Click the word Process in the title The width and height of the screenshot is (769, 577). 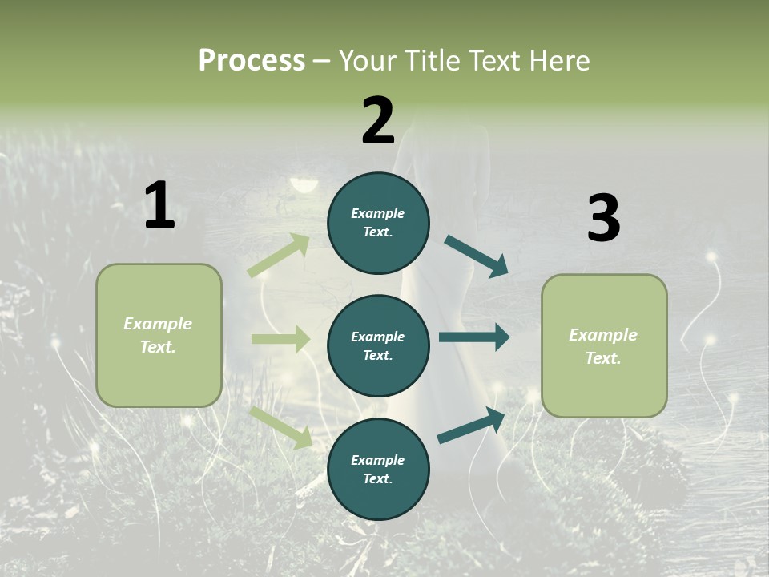pyautogui.click(x=252, y=61)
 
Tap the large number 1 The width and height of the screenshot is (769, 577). pyautogui.click(x=159, y=206)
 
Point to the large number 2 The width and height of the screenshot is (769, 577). pyautogui.click(x=378, y=121)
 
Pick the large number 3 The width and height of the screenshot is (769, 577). pyautogui.click(x=603, y=219)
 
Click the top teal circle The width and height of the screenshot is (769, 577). pyautogui.click(x=378, y=223)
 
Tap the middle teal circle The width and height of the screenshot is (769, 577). pyautogui.click(x=378, y=345)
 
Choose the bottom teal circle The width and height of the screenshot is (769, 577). pyautogui.click(x=378, y=469)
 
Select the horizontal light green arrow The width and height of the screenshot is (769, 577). pyautogui.click(x=280, y=339)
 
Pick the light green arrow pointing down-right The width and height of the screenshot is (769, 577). pyautogui.click(x=281, y=427)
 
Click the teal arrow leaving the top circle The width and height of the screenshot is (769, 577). pyautogui.click(x=476, y=256)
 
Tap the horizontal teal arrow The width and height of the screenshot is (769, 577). pyautogui.click(x=473, y=337)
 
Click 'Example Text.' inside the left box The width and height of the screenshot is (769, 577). pyautogui.click(x=158, y=335)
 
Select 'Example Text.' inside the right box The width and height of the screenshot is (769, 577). pyautogui.click(x=603, y=346)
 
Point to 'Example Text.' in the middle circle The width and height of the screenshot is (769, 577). pyautogui.click(x=378, y=345)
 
